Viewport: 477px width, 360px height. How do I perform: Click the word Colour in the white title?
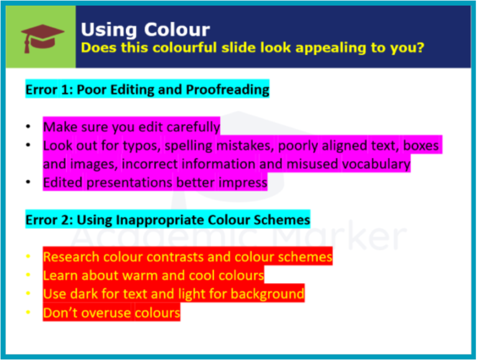click(177, 30)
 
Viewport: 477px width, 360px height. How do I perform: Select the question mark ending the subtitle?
click(420, 47)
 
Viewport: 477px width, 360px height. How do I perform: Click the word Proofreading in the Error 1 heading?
click(227, 90)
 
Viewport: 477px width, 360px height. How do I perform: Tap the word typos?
click(142, 146)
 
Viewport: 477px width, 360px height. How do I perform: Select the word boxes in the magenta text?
click(420, 145)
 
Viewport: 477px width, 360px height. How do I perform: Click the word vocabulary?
click(376, 164)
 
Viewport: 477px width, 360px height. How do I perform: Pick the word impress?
click(243, 182)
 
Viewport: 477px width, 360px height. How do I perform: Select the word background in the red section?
click(268, 294)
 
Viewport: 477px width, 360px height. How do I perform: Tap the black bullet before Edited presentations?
click(29, 182)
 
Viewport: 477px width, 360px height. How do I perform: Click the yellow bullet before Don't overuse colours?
click(29, 312)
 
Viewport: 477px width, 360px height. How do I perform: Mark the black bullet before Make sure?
click(29, 127)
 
